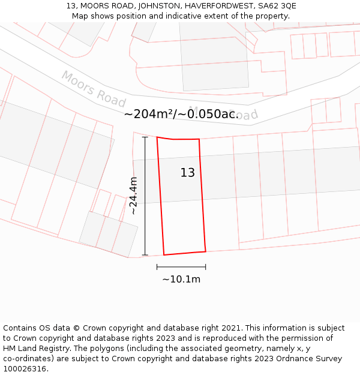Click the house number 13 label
coord(188,173)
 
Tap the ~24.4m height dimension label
coord(133,196)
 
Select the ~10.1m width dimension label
coord(181,279)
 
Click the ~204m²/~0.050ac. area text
coord(181,114)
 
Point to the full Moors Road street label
coord(93,89)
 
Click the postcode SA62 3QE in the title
coord(275,6)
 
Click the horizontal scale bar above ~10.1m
coord(181,266)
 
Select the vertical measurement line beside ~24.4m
coord(145,196)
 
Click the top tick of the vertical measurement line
coord(145,137)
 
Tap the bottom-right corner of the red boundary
coord(206,251)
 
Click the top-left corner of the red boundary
coord(157,137)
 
